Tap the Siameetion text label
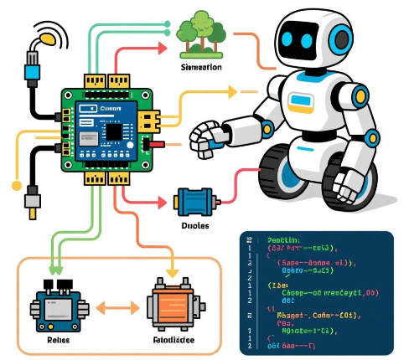click(201, 66)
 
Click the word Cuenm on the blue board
click(111, 109)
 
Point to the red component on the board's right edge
click(153, 143)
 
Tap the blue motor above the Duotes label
click(194, 202)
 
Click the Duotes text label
click(194, 226)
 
